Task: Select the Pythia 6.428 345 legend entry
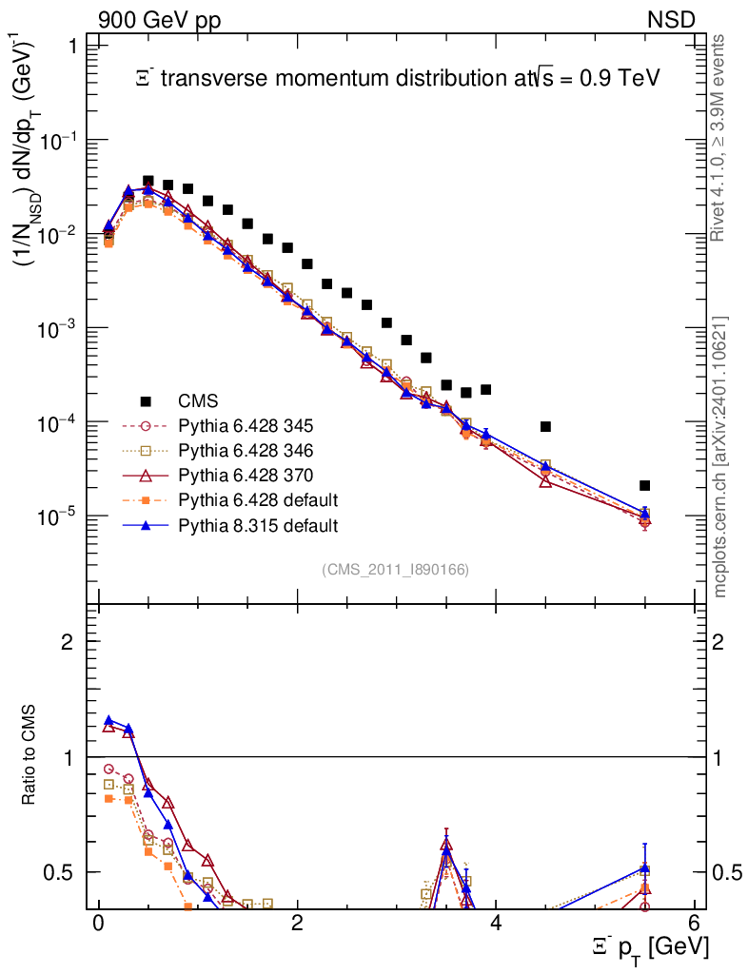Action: point(246,425)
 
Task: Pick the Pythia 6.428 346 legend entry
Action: point(246,450)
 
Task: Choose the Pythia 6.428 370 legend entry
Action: point(246,475)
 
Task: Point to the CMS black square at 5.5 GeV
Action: point(644,485)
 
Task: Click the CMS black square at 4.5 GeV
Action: point(545,426)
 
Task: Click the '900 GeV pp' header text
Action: point(158,19)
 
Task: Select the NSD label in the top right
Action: point(672,19)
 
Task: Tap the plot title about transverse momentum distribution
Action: point(398,79)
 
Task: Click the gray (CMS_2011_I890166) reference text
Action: point(395,569)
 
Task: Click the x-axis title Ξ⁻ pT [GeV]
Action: point(646,946)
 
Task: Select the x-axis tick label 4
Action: point(496,924)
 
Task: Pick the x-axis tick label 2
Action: point(297,924)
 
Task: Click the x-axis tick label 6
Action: point(694,924)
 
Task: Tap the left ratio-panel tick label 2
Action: point(68,642)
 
